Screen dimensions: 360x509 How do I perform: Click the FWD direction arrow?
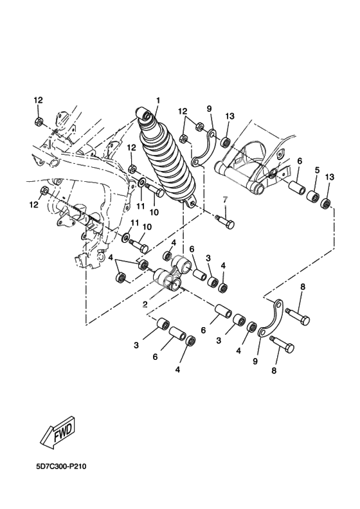[x=59, y=433]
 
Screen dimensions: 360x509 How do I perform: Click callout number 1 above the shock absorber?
[x=158, y=101]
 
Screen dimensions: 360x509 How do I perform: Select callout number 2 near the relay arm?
[x=145, y=304]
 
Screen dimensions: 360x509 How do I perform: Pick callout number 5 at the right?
[x=317, y=170]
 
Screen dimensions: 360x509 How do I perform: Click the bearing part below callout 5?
[x=313, y=197]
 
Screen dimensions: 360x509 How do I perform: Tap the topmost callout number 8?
[x=303, y=287]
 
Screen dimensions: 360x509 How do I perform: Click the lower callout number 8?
[x=274, y=370]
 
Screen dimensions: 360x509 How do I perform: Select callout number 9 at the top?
[x=209, y=109]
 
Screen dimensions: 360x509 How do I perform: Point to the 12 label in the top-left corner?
[x=39, y=100]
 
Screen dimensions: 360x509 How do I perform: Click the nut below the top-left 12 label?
[x=39, y=121]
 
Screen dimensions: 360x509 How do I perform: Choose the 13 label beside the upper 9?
[x=230, y=116]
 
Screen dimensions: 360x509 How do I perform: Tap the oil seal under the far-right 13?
[x=326, y=203]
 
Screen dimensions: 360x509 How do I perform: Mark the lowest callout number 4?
[x=177, y=370]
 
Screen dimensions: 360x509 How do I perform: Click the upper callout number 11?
[x=141, y=197]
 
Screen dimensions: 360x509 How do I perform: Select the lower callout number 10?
[x=147, y=227]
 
